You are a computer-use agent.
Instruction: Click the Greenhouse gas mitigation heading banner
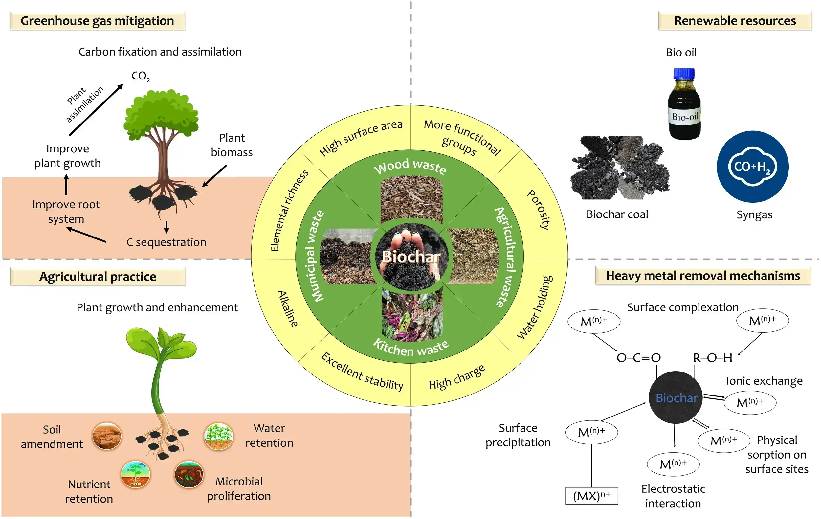tap(97, 21)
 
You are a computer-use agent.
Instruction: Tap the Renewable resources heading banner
tap(735, 21)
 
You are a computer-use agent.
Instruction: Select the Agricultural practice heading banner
tap(98, 277)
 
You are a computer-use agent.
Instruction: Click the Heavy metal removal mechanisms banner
tap(703, 276)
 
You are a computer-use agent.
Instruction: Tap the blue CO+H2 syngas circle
tap(752, 167)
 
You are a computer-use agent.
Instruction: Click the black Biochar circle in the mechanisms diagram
tap(676, 397)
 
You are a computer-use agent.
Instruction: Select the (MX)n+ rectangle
tap(591, 496)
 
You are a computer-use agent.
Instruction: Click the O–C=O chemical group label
tap(639, 358)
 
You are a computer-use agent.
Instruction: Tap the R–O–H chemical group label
tap(713, 358)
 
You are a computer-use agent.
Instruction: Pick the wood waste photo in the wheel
tap(411, 199)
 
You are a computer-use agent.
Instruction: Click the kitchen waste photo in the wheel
tap(412, 314)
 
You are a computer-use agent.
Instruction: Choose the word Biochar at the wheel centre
tap(411, 257)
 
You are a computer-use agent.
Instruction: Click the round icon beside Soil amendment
tap(107, 437)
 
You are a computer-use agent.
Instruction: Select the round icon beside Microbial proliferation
tap(189, 475)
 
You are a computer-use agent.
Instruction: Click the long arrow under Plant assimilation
tap(96, 110)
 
